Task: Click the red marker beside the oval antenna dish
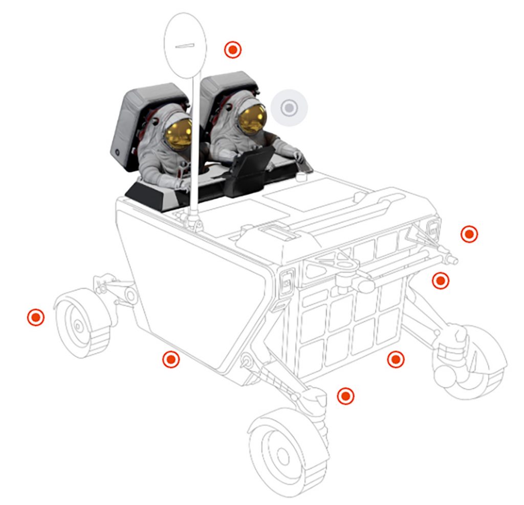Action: (x=233, y=50)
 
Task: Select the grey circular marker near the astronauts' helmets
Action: (x=289, y=108)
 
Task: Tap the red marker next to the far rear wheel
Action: (x=36, y=317)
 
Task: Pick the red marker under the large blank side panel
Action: (x=171, y=359)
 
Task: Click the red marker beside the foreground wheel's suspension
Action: (x=346, y=396)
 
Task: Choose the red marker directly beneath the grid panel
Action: (x=395, y=359)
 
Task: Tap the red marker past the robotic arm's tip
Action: (x=469, y=234)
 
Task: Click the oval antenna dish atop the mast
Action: (x=185, y=45)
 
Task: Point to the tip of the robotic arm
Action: (x=453, y=260)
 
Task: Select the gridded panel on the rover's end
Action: (x=348, y=312)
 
